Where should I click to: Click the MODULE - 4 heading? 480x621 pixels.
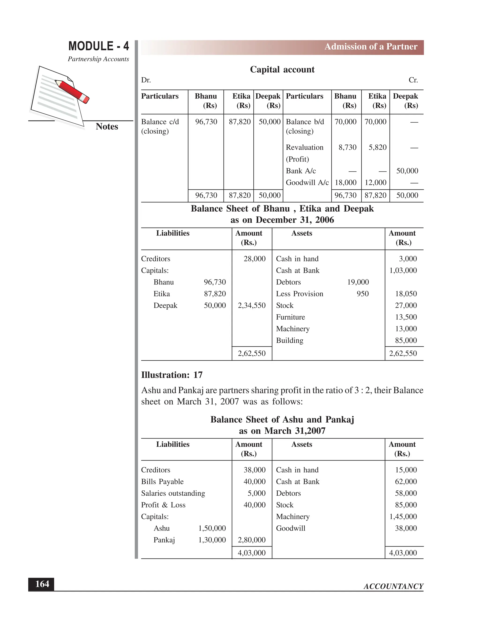pos(98,46)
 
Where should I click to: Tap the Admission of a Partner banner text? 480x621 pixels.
pos(371,47)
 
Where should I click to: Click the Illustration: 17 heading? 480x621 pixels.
pos(172,375)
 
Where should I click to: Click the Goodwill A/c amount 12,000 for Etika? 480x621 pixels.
pos(375,183)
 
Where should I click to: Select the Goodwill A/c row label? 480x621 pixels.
pos(307,183)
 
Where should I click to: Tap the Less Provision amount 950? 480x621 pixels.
pos(363,294)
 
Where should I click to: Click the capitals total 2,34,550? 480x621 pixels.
pos(252,305)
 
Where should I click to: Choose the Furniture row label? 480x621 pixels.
pos(290,317)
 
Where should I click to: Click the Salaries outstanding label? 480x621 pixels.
pos(173,493)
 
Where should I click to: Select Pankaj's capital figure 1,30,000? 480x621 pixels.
pos(212,540)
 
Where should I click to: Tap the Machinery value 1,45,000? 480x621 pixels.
pos(403,517)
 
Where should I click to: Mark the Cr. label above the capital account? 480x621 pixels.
pos(413,80)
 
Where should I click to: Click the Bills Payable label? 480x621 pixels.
pos(162,482)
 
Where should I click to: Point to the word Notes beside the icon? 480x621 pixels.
pos(107,127)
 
